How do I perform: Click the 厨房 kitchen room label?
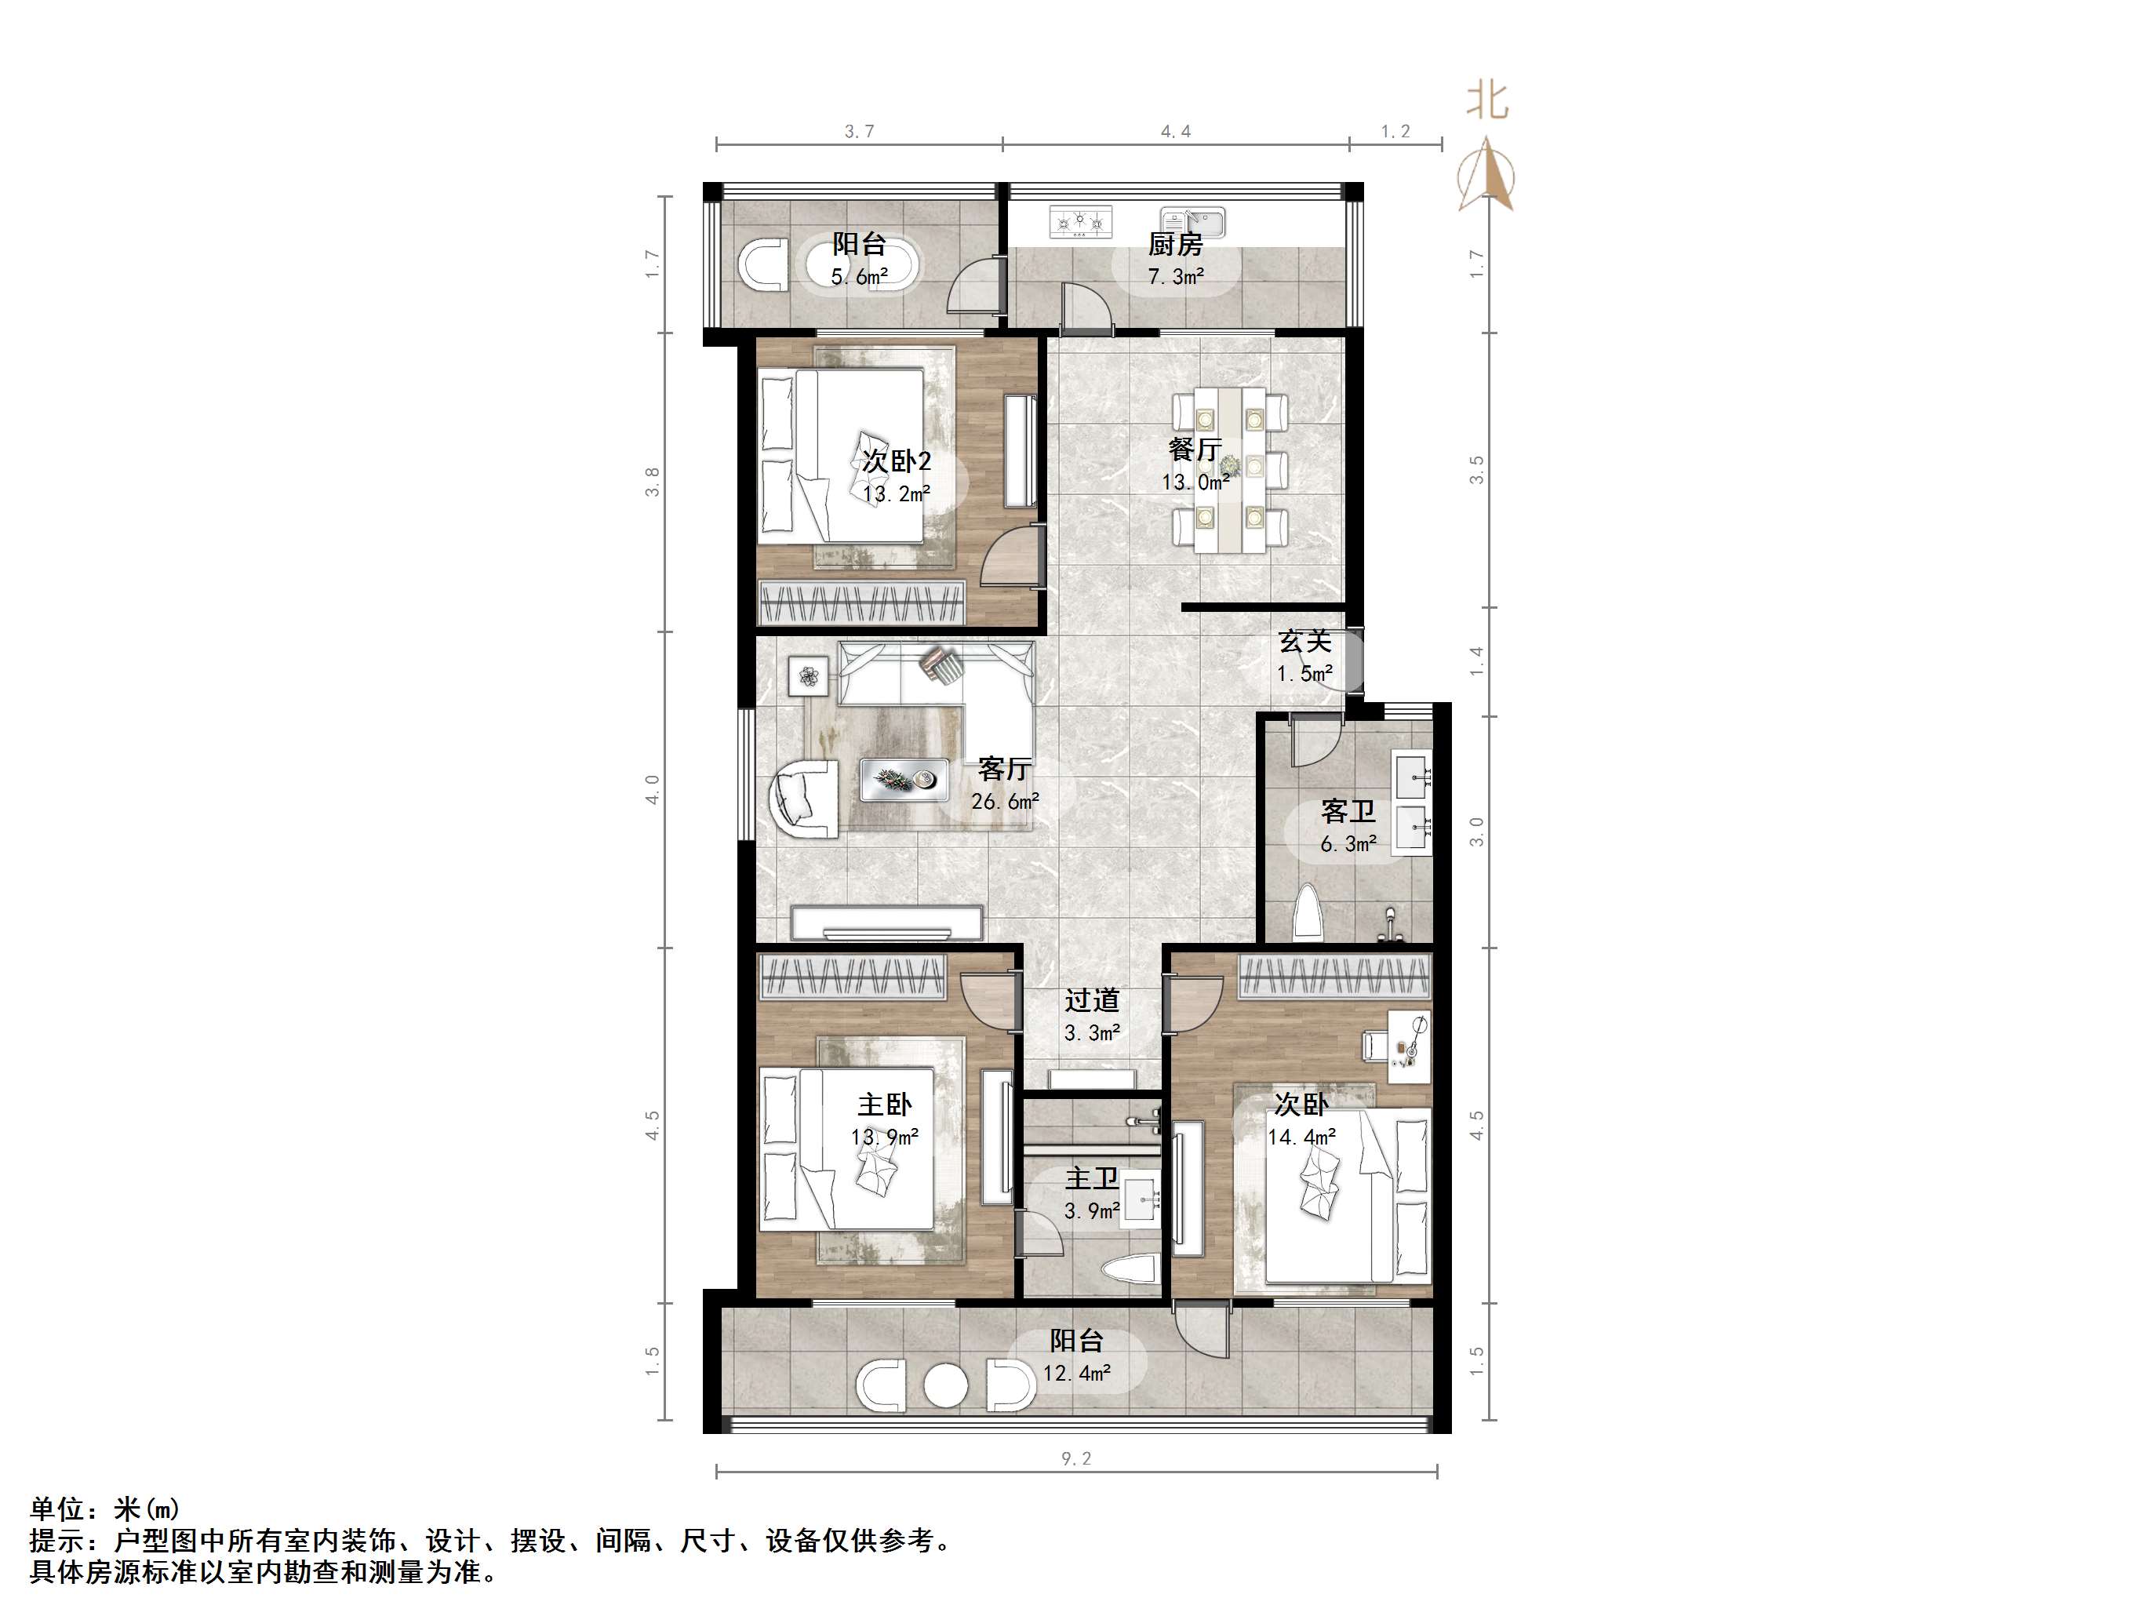pos(1175,243)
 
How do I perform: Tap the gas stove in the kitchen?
pos(1081,223)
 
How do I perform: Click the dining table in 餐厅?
pos(1231,470)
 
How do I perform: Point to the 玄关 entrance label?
pos(1304,641)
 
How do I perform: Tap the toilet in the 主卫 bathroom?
pos(1130,1271)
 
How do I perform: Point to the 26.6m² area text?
pos(1005,802)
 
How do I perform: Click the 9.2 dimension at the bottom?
pos(1076,1458)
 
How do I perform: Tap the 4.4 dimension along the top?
pos(1175,132)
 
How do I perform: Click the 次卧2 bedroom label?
pos(896,460)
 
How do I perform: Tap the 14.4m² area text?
pos(1301,1137)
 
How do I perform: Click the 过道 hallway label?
pos(1092,1000)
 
